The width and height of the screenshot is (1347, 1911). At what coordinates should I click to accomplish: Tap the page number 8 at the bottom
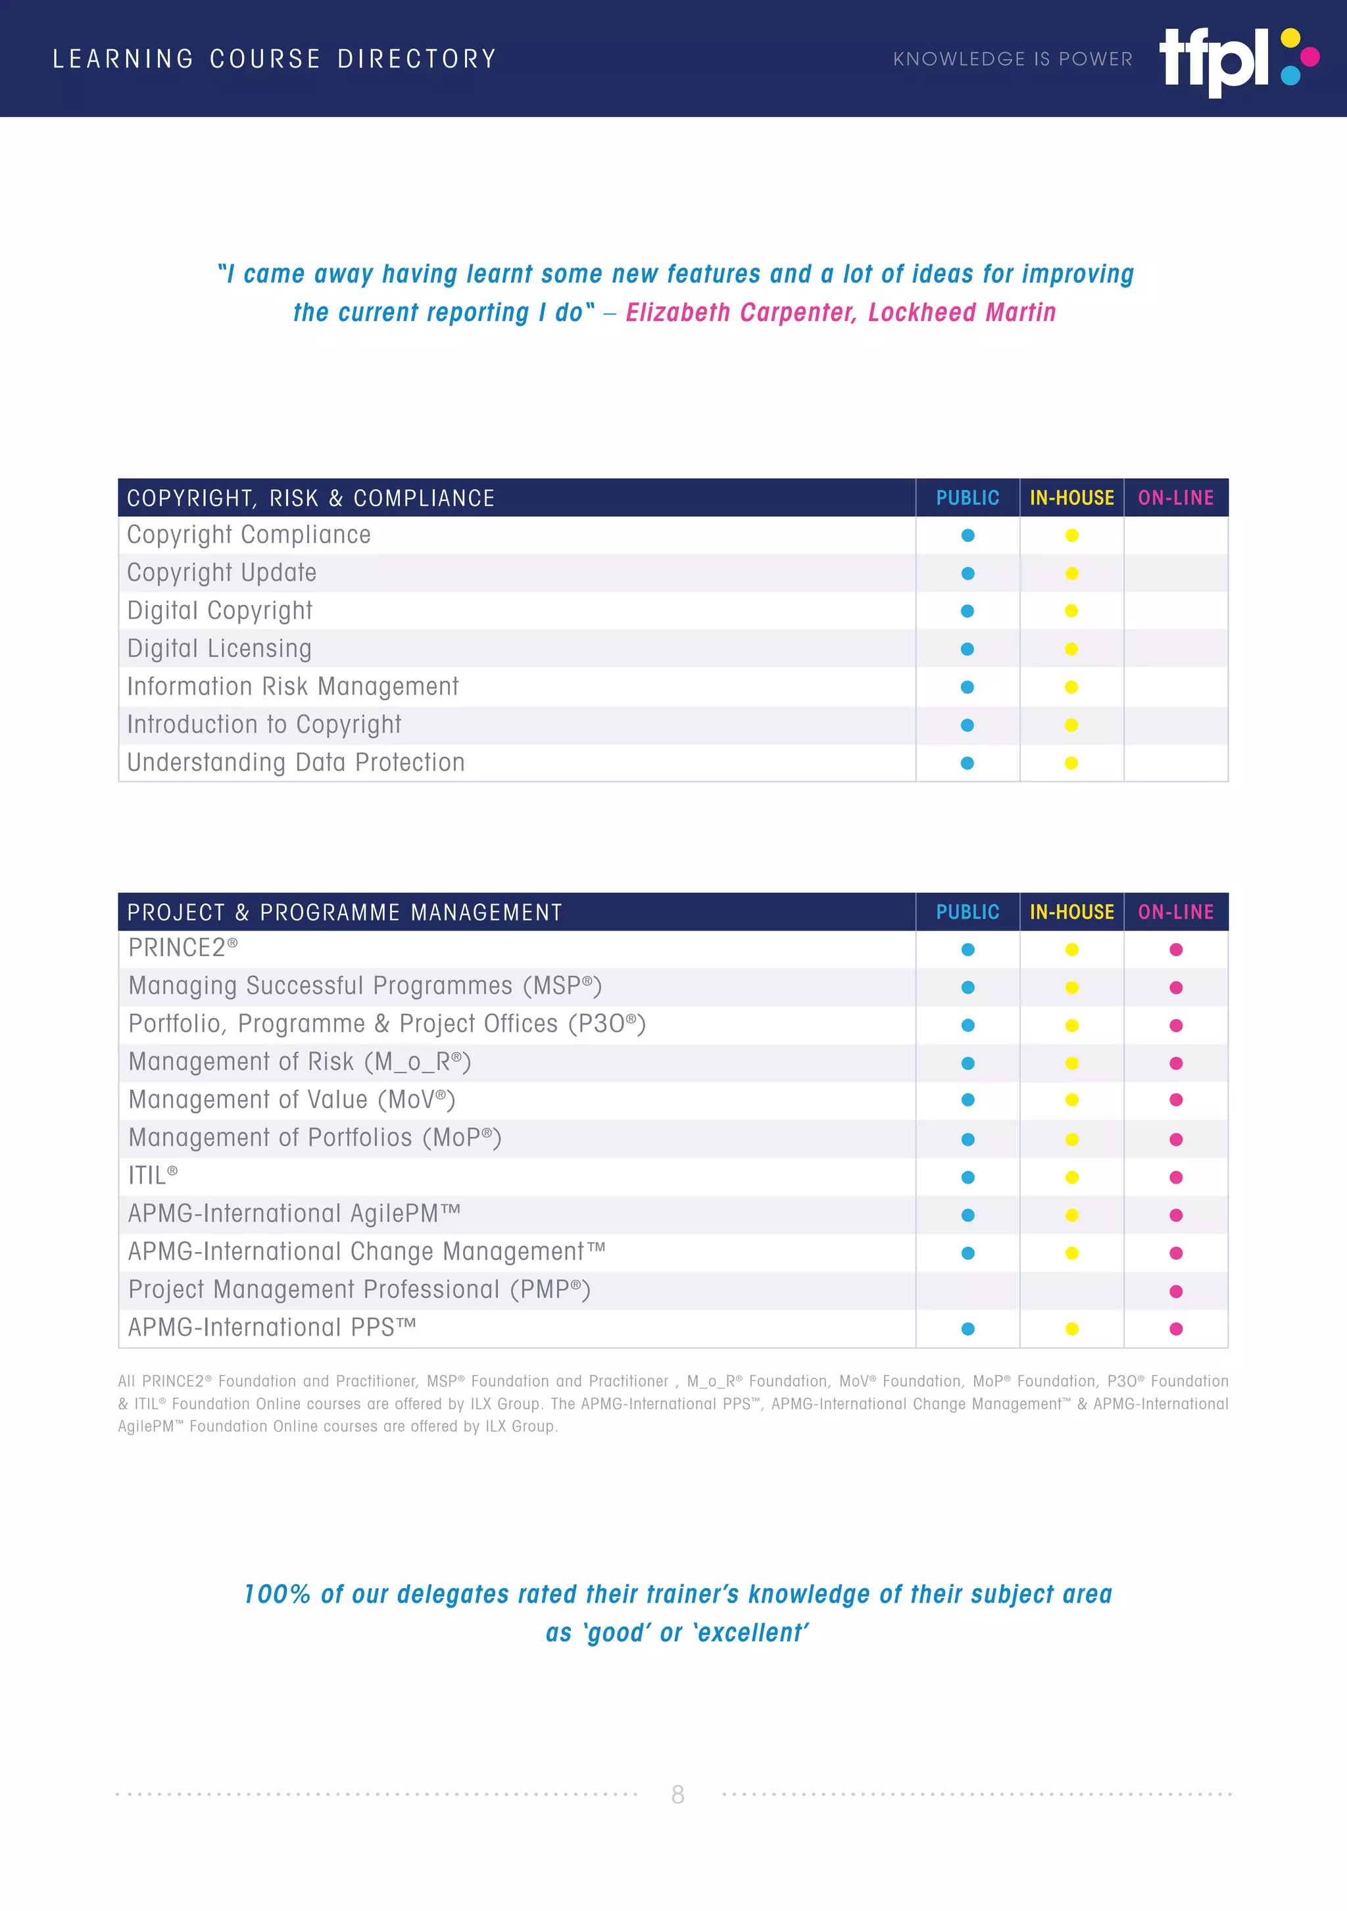click(677, 1794)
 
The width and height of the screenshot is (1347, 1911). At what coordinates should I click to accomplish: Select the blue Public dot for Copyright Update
click(967, 573)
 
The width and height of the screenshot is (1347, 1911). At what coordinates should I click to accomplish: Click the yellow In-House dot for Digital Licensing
click(1071, 649)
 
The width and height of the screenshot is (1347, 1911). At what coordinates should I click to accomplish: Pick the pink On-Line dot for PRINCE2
click(1175, 950)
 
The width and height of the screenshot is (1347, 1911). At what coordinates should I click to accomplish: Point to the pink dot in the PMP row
click(1175, 1292)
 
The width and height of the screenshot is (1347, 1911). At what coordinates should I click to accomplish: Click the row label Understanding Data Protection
click(295, 762)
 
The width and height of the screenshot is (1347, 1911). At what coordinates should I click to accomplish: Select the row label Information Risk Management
click(292, 687)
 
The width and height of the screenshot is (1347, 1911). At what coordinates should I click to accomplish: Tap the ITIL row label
click(153, 1176)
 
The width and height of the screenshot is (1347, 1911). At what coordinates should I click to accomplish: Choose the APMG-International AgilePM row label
click(294, 1213)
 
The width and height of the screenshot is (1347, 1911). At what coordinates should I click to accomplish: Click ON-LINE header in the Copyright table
click(1175, 498)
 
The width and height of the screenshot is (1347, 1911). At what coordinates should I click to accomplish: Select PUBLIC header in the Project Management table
click(967, 912)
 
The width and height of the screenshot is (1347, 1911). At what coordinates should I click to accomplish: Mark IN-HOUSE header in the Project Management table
click(1071, 912)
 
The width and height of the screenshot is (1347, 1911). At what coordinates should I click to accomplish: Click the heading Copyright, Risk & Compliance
click(310, 498)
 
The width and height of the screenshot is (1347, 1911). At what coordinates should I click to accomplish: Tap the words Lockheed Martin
click(962, 312)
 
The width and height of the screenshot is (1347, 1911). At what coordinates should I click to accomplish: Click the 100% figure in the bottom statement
click(276, 1595)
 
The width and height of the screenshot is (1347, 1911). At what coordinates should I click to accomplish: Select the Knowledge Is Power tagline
click(1012, 59)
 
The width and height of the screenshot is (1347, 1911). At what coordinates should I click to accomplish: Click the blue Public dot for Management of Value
click(967, 1100)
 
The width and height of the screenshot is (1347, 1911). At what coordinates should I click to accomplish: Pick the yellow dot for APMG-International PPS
click(1071, 1329)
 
